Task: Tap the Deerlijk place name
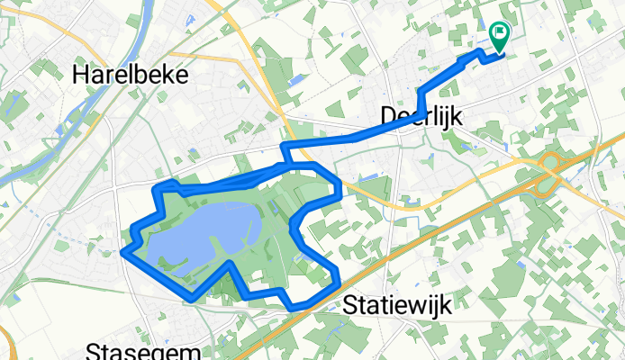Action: [412, 116]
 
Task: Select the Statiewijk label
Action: [397, 305]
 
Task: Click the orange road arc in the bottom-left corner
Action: [6, 342]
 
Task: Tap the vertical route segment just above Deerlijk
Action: [420, 102]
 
